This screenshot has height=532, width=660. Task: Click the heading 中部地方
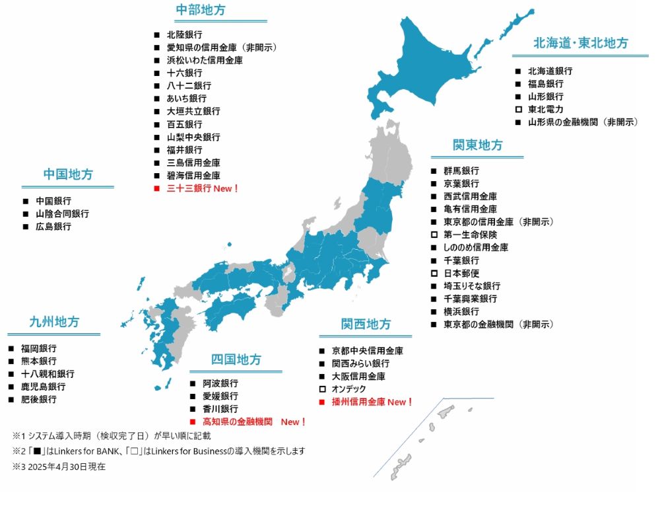coord(201,10)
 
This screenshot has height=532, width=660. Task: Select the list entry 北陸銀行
coord(184,34)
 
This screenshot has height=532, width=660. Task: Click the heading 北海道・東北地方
coord(581,44)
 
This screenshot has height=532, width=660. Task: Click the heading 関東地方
coord(477,145)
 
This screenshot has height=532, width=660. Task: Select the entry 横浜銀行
coord(461,311)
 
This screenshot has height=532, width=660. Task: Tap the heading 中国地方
coord(68,175)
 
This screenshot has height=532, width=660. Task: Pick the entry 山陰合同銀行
coord(62,213)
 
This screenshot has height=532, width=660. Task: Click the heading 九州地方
coord(54,323)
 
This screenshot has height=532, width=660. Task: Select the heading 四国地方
coord(236,360)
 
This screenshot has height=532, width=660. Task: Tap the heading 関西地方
coord(366,324)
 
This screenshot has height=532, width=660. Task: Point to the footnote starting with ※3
coord(59,467)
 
